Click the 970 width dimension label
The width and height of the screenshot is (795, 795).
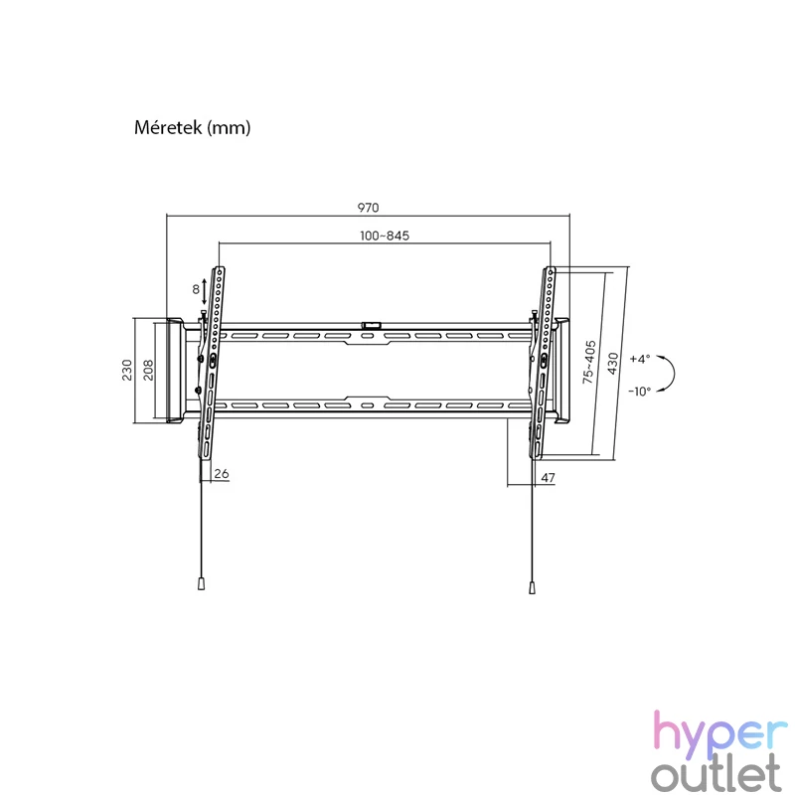(x=368, y=208)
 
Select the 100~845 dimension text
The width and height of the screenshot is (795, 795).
(x=385, y=236)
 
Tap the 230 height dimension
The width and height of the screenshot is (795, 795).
(x=127, y=370)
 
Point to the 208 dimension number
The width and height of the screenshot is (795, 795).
(x=147, y=370)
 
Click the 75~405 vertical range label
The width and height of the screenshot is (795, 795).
(x=588, y=362)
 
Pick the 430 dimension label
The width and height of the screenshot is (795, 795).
(x=612, y=364)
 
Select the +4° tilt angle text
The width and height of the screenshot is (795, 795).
(x=640, y=359)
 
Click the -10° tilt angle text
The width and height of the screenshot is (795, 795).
(x=639, y=392)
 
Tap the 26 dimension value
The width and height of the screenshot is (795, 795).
(x=222, y=474)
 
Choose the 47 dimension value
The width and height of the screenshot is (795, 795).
(x=549, y=478)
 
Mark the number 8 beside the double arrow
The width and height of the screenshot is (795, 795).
(x=196, y=289)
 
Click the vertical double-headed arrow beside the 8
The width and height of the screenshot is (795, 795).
(x=205, y=291)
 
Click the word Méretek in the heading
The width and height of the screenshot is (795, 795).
(x=168, y=127)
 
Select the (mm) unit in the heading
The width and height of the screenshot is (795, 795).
(x=229, y=128)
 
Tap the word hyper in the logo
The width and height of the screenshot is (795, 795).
(x=719, y=730)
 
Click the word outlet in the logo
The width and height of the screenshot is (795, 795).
(x=715, y=773)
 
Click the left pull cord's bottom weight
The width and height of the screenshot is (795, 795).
(x=202, y=584)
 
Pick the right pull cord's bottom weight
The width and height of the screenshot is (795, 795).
(x=532, y=587)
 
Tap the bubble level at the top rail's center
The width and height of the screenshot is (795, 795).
(x=371, y=325)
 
